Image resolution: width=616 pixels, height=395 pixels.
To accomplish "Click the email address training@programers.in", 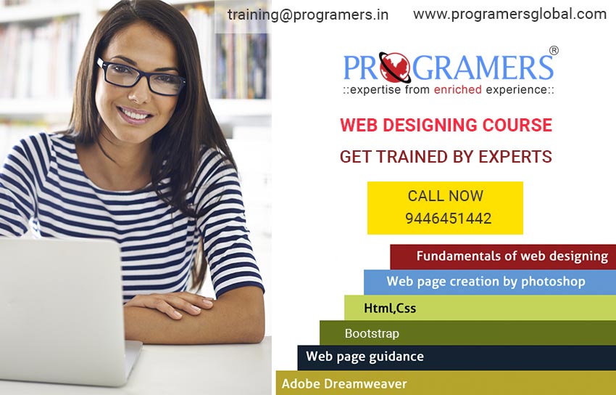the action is tap(307, 15).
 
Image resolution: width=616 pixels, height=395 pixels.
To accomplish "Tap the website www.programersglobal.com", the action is tap(509, 15).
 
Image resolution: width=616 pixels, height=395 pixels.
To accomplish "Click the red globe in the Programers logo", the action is tap(395, 68).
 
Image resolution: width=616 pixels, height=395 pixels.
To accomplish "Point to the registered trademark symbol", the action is tap(554, 50).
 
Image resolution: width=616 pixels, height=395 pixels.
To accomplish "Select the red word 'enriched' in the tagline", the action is tap(458, 90).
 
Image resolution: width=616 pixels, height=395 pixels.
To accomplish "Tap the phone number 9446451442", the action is tap(449, 219).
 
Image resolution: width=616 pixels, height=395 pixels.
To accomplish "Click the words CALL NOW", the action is tap(446, 196).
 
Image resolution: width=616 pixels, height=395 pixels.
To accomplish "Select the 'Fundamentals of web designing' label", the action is tap(512, 256).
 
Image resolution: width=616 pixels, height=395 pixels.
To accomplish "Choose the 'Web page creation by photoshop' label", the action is tap(486, 282).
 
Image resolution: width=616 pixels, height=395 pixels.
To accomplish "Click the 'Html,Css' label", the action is tap(390, 308).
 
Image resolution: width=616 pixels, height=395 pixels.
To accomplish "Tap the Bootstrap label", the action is tap(372, 333).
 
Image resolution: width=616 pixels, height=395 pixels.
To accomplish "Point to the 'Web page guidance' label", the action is tap(365, 357).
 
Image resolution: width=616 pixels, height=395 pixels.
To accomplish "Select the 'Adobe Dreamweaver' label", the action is tap(344, 383).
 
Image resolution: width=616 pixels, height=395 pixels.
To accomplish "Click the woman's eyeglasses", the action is tap(141, 77).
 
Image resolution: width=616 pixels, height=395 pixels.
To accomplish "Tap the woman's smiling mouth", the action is tap(134, 115).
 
